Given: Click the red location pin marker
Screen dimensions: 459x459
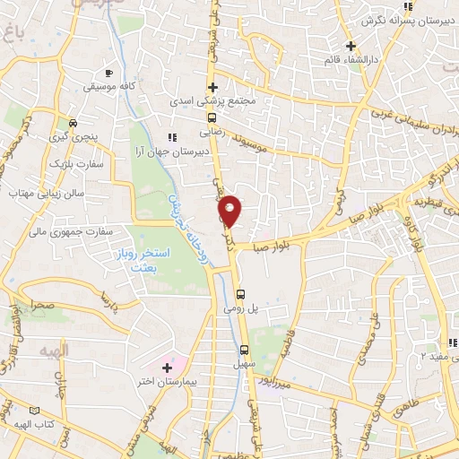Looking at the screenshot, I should tap(230, 209).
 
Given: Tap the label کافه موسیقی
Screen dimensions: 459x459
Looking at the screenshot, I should tap(108, 87).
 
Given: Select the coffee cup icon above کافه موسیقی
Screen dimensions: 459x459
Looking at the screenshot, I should tap(108, 72).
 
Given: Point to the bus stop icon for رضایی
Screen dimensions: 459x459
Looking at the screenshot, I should tap(212, 117).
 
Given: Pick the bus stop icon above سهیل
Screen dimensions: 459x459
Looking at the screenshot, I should tap(246, 350).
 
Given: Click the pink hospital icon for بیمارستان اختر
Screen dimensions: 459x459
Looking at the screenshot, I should tap(167, 368).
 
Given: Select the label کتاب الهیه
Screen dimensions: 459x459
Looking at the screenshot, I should tap(32, 422).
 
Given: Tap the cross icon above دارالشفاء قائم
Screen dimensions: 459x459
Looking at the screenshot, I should tap(351, 46).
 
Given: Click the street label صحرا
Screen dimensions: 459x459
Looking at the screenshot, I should tap(41, 305).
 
